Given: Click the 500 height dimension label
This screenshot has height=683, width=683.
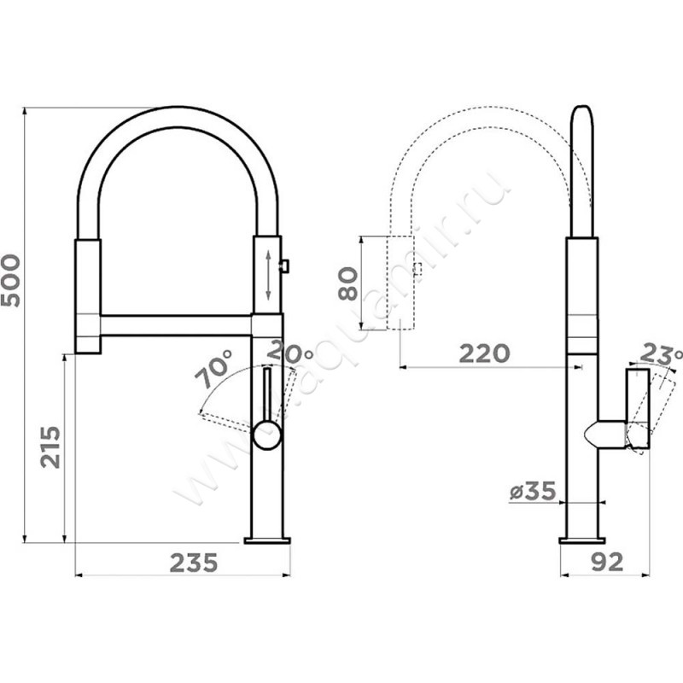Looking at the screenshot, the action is click(11, 281).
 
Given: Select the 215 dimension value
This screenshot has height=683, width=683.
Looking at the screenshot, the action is click(50, 447).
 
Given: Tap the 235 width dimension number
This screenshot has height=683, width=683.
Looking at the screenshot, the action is click(194, 563).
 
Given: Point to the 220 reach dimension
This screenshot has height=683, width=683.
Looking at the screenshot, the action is click(484, 353).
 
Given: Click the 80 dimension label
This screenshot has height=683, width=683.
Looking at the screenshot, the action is click(348, 283).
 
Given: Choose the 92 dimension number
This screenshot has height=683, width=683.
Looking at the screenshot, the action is click(607, 563).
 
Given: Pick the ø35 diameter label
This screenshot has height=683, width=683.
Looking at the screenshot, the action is click(533, 492).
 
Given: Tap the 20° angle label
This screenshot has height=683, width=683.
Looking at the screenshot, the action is click(290, 353).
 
